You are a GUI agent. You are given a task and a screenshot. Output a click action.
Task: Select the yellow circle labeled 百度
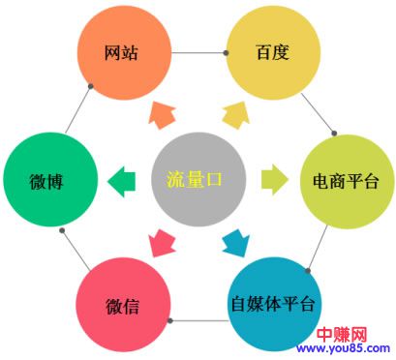pos(272,53)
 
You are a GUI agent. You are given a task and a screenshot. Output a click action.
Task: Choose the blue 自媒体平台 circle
pos(272,304)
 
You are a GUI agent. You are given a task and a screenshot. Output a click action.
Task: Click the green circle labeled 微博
pos(49,181)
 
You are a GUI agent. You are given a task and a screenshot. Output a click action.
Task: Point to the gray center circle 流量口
pos(198,180)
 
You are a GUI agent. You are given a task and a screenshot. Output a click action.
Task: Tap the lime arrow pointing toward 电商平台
pos(274,179)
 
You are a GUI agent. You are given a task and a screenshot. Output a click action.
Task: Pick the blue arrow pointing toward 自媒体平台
pos(235,243)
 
